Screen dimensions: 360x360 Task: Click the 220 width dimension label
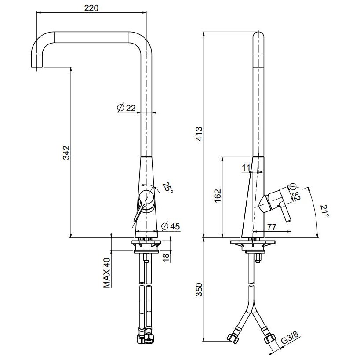(x=91, y=7)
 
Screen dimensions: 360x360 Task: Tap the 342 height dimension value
(x=65, y=152)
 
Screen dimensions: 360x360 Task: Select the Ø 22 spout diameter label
(x=127, y=108)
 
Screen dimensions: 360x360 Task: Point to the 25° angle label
(x=167, y=189)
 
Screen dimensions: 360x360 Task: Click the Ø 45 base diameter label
(x=171, y=226)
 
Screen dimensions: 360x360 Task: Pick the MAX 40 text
(x=106, y=273)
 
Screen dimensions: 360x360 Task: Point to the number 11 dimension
(x=246, y=167)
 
